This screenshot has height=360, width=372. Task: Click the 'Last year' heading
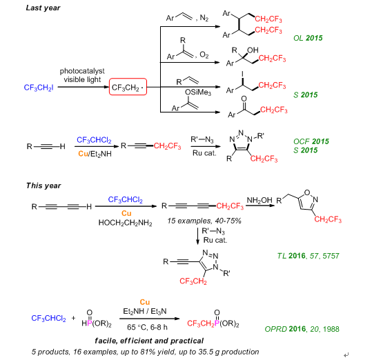(x=43, y=8)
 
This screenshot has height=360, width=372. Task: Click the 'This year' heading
(x=43, y=186)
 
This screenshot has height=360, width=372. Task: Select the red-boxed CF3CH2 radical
(x=128, y=87)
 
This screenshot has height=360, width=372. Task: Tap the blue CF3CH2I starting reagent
(x=39, y=88)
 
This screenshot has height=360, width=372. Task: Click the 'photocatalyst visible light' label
(x=82, y=75)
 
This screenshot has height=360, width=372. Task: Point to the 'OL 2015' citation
(x=308, y=38)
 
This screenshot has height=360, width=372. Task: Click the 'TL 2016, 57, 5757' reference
(x=309, y=256)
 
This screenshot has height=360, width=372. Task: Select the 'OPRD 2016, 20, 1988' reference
(x=302, y=329)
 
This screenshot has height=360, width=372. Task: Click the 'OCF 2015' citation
(x=311, y=141)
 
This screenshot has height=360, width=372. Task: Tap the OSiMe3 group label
(x=198, y=92)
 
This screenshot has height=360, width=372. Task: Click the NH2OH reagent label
(x=260, y=200)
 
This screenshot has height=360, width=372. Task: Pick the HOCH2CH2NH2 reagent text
(x=126, y=223)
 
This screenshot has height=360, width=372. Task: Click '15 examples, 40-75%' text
(x=204, y=221)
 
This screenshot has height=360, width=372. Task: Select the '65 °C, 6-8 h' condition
(x=147, y=328)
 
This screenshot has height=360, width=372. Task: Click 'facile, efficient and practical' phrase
(x=149, y=341)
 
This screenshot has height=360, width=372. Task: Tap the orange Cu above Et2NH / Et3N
(x=145, y=302)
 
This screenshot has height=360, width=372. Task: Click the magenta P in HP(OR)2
(x=90, y=323)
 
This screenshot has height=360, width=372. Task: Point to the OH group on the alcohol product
(x=253, y=50)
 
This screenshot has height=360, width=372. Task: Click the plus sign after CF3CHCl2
(x=73, y=318)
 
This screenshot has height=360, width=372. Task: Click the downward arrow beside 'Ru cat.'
(x=197, y=236)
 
